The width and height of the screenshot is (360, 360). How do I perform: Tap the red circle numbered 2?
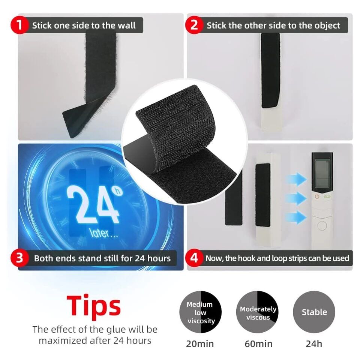194,25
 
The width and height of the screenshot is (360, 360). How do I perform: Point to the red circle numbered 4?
194,258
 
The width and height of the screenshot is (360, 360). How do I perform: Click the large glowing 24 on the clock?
93,205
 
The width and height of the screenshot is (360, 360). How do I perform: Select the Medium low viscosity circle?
201,312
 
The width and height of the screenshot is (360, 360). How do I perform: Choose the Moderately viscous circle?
258,312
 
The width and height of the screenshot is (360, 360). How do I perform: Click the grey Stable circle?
314,312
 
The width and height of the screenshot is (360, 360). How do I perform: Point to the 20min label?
200,343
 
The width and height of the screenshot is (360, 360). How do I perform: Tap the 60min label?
258,343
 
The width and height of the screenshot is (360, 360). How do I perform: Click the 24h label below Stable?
314,343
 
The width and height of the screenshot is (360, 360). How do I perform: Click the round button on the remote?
322,225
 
